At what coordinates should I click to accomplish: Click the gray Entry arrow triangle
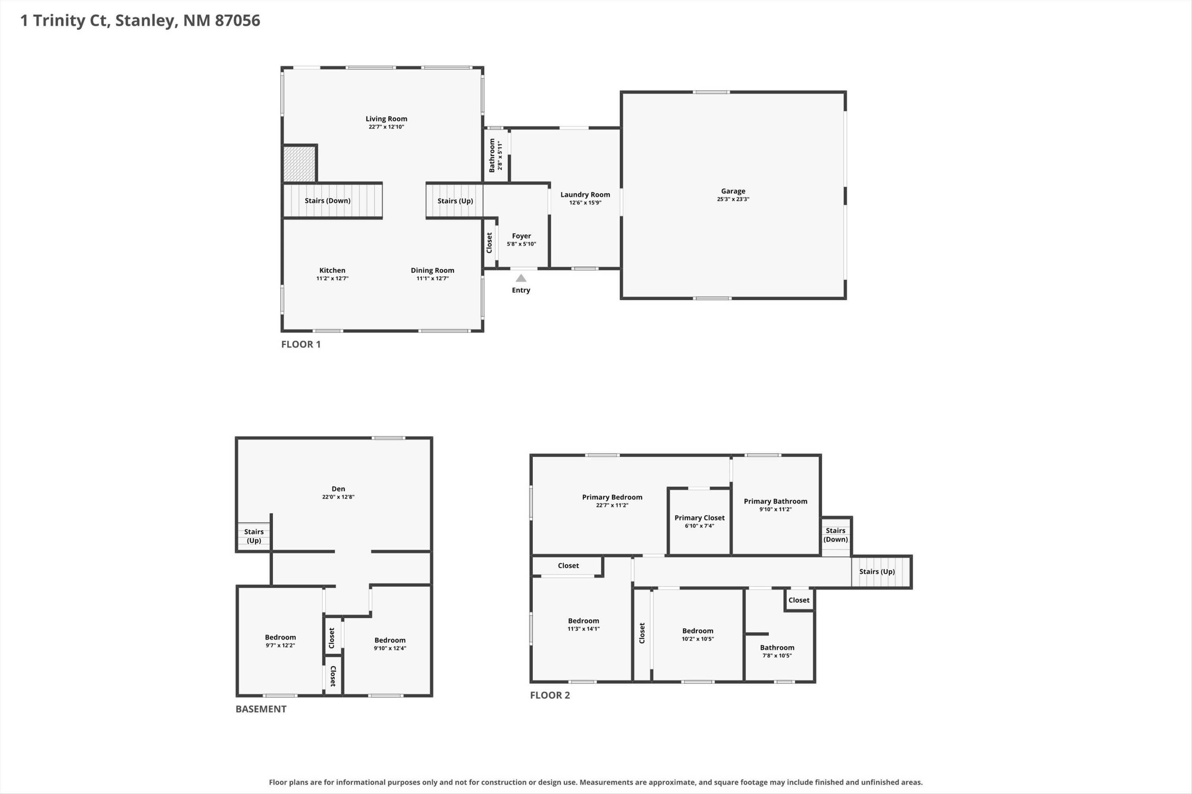click(521, 278)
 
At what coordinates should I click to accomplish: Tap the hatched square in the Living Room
click(299, 164)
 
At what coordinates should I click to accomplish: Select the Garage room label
click(733, 191)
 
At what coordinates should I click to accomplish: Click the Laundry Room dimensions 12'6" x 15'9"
click(585, 202)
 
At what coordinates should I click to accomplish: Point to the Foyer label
click(521, 236)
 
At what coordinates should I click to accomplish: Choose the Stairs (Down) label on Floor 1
click(327, 200)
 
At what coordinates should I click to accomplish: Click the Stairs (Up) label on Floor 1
click(455, 201)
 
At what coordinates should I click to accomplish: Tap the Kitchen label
click(333, 270)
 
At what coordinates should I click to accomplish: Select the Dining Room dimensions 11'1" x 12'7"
click(432, 279)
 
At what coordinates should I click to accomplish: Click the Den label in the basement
click(338, 489)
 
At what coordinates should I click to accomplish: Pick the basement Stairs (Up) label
click(254, 536)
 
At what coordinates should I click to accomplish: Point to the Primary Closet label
click(699, 518)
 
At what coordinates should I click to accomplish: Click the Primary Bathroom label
click(776, 501)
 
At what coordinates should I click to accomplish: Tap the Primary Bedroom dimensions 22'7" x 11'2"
click(612, 505)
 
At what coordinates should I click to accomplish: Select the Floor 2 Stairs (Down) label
click(835, 535)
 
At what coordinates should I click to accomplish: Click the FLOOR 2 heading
click(550, 695)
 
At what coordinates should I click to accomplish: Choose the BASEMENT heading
click(261, 709)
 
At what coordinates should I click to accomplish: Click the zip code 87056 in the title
click(238, 20)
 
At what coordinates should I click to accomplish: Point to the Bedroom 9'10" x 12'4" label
click(390, 644)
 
